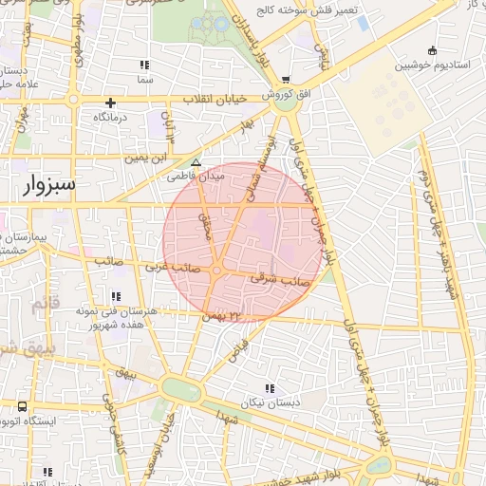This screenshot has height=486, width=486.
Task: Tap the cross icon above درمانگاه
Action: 110,103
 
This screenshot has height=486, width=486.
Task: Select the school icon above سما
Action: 144,65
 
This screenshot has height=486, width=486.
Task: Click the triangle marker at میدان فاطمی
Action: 196,163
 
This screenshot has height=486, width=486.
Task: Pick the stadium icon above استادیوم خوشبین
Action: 433,50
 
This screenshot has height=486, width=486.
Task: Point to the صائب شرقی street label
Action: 280,278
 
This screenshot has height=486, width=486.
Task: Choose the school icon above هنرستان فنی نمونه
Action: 116,297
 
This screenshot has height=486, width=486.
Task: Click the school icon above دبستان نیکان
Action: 271,387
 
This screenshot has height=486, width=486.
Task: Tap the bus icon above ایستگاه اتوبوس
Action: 22,406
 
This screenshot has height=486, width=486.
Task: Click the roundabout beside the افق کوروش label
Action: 284,105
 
